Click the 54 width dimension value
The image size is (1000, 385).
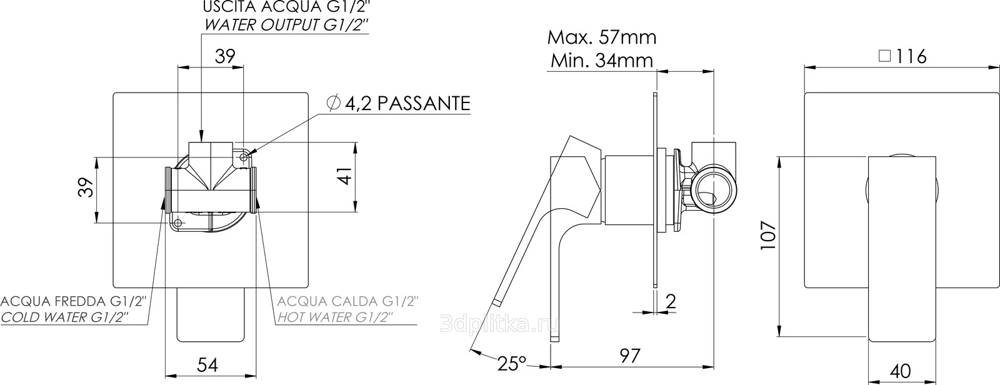click(x=207, y=365)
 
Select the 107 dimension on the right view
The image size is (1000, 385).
click(x=769, y=235)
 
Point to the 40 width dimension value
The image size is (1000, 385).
click(x=900, y=371)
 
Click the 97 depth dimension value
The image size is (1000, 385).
click(x=630, y=356)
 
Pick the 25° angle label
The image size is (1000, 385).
click(x=512, y=364)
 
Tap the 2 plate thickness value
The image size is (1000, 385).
click(x=671, y=302)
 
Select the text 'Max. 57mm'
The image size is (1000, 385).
click(x=602, y=37)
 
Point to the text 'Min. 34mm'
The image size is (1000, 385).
click(x=602, y=60)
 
